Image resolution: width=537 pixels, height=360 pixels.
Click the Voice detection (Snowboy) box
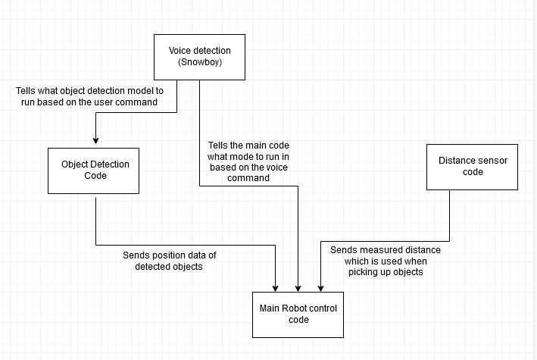pyautogui.click(x=200, y=57)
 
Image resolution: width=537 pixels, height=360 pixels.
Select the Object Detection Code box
pyautogui.click(x=95, y=170)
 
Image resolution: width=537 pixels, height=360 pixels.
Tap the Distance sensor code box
pyautogui.click(x=473, y=166)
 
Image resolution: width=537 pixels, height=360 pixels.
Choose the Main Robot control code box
pyautogui.click(x=298, y=314)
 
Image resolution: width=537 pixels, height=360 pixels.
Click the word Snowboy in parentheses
pyautogui.click(x=200, y=62)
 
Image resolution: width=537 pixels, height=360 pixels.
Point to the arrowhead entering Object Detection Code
pyautogui.click(x=95, y=140)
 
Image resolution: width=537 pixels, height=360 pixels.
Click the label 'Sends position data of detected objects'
pyautogui.click(x=169, y=261)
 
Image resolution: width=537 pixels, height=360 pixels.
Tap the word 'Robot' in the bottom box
pyautogui.click(x=297, y=308)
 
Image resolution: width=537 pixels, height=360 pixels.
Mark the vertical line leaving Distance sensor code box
pyautogui.click(x=450, y=216)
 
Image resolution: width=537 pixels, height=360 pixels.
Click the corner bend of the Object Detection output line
pyautogui.click(x=96, y=245)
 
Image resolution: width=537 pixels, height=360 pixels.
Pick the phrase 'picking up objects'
pyautogui.click(x=386, y=271)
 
